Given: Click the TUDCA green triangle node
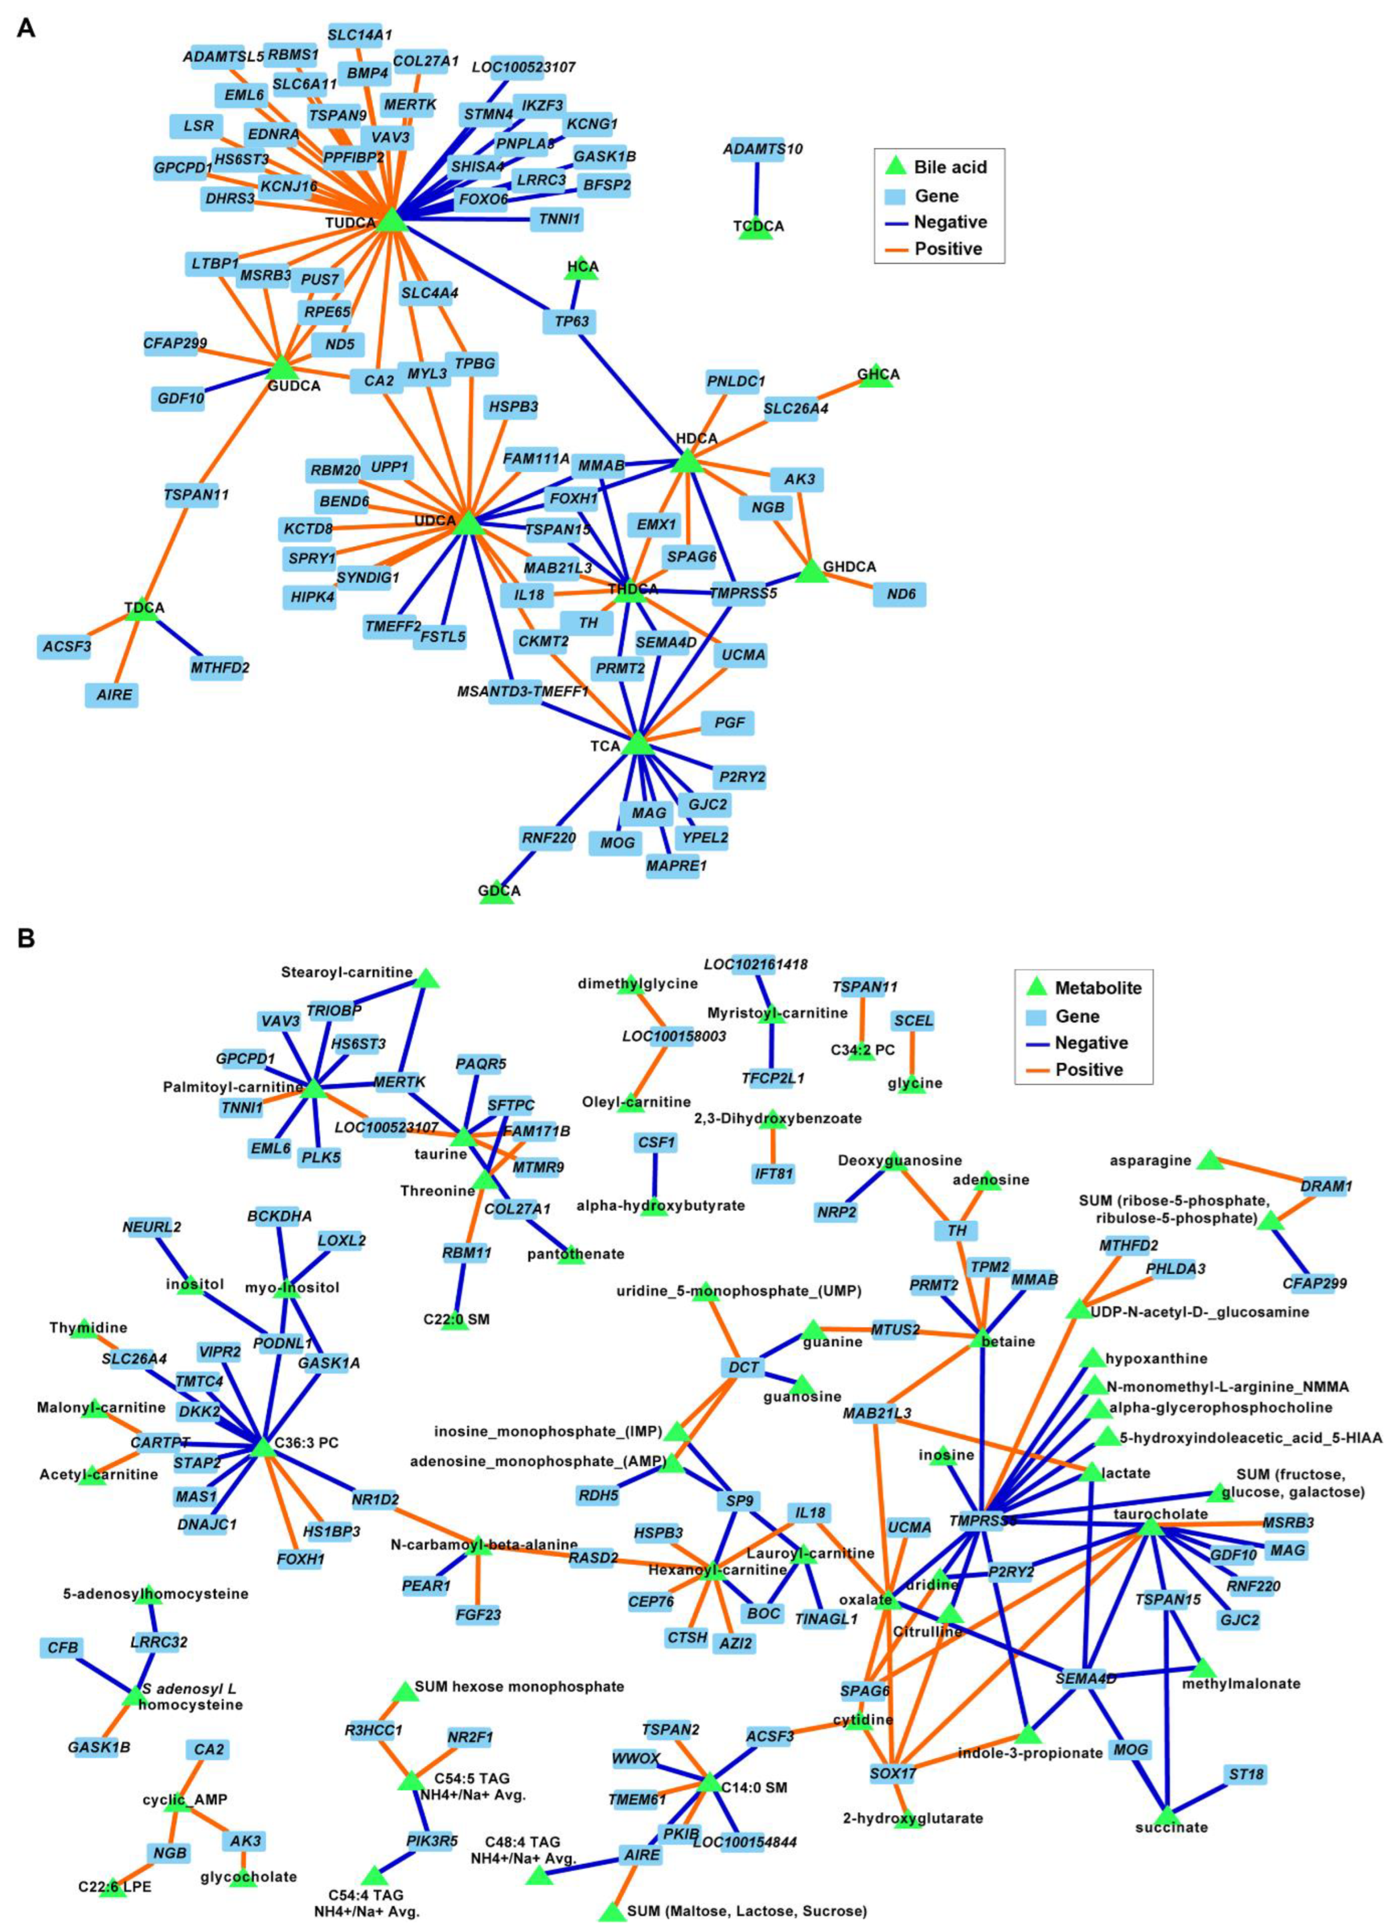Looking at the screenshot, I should click(391, 220).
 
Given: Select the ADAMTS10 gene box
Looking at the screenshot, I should click(763, 149).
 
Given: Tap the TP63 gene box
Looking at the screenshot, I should click(570, 322).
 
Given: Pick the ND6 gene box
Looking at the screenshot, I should click(899, 594).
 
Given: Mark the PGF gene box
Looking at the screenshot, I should click(728, 723).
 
